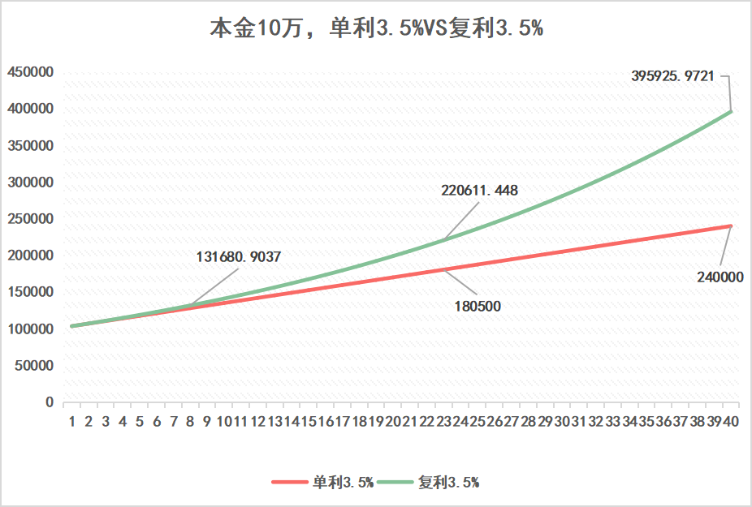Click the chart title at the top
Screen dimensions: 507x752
point(376,29)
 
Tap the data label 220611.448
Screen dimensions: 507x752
point(479,191)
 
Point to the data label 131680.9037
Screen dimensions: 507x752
point(239,257)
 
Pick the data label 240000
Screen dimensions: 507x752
point(720,277)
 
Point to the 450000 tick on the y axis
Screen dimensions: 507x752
point(30,72)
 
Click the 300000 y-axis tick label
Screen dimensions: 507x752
point(30,183)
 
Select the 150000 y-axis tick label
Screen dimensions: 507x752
point(30,292)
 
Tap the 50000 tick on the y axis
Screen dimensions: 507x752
point(33,365)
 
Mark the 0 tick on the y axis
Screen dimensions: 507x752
point(50,402)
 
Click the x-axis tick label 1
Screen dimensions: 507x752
point(72,421)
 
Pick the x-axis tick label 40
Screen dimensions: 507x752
point(731,421)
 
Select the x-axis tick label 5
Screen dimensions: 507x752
point(140,421)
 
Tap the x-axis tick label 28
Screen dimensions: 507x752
point(528,421)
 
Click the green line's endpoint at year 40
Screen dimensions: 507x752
point(730,111)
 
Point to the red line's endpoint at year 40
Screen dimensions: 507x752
point(730,226)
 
